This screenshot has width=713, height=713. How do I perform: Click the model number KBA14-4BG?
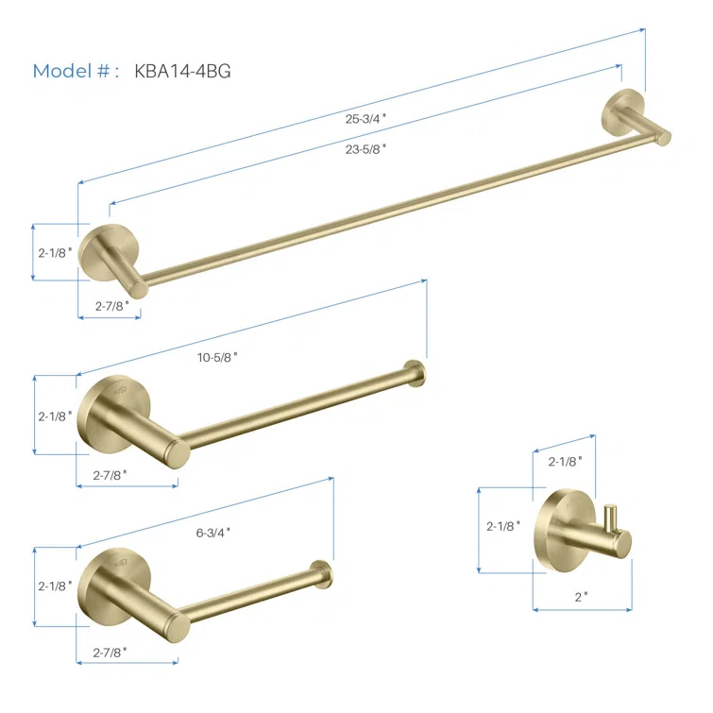pyautogui.click(x=183, y=71)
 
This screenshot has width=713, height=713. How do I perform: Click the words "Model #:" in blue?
pyautogui.click(x=76, y=71)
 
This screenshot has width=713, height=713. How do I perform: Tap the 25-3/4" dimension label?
pyautogui.click(x=365, y=119)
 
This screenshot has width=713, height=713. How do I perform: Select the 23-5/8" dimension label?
pyautogui.click(x=365, y=149)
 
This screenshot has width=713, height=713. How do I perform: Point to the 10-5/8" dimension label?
pyautogui.click(x=217, y=357)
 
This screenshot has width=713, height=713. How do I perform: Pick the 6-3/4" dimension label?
pyautogui.click(x=213, y=533)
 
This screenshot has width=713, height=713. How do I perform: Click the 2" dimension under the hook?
pyautogui.click(x=581, y=597)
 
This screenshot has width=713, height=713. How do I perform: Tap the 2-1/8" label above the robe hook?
pyautogui.click(x=566, y=462)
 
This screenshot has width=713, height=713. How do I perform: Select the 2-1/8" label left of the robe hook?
pyautogui.click(x=503, y=526)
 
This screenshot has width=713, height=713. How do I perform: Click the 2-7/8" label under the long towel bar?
pyautogui.click(x=112, y=306)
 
